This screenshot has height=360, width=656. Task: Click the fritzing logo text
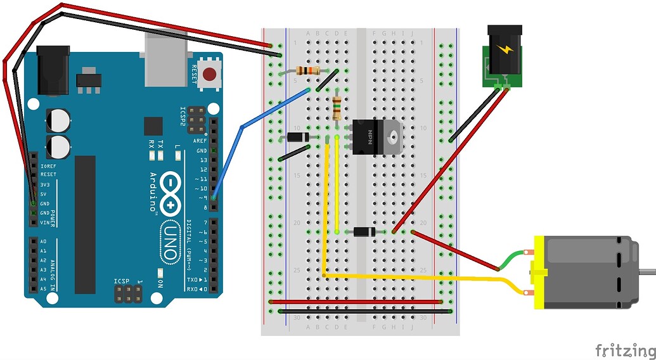point(624,350)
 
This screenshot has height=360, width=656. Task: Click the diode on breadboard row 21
point(364,232)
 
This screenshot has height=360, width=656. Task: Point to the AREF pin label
point(201,140)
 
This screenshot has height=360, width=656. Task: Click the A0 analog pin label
point(43,242)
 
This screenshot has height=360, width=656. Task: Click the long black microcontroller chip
point(85,225)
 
